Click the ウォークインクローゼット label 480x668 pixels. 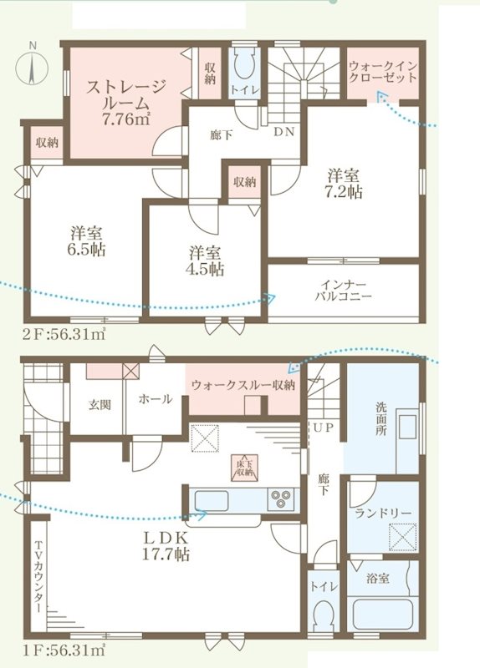(382, 71)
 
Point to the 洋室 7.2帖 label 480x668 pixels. (343, 185)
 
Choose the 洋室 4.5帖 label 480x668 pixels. (205, 260)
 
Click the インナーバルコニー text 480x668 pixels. (344, 290)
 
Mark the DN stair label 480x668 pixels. (283, 131)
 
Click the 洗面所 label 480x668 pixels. (380, 416)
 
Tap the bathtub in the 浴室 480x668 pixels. (383, 613)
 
